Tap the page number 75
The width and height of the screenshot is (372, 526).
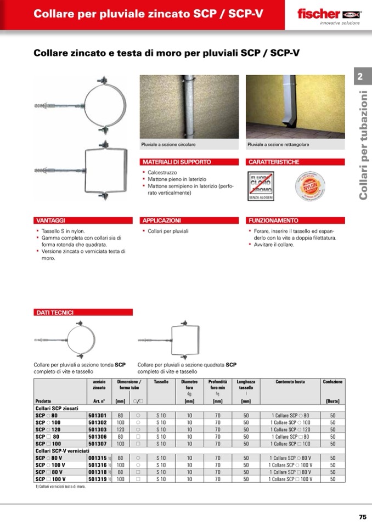[x=362, y=517]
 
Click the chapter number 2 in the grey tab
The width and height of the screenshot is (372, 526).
[x=360, y=77]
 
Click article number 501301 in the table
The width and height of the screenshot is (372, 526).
[x=97, y=416]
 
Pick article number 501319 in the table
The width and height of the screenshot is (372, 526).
[x=97, y=479]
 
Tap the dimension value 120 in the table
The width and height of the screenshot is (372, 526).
[x=120, y=429]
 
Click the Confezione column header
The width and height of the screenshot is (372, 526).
[x=332, y=382]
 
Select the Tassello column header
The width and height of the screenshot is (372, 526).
[x=161, y=382]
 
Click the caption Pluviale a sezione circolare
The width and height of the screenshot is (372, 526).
[x=168, y=144]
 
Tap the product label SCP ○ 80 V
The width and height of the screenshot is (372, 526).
[x=49, y=457]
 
